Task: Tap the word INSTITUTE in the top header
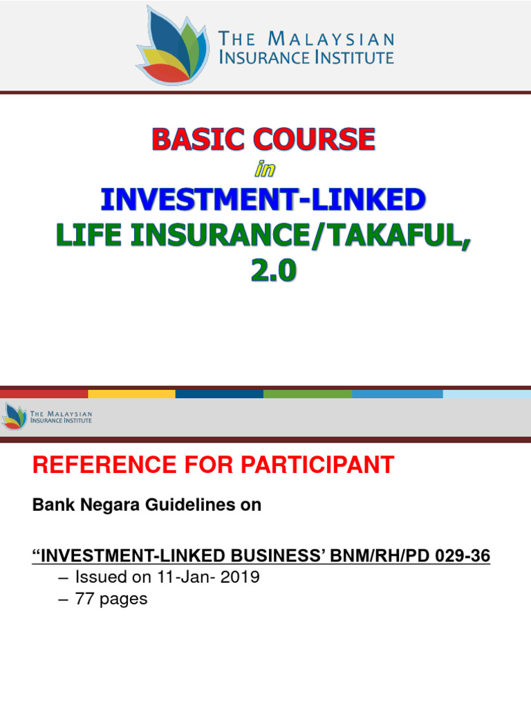(353, 57)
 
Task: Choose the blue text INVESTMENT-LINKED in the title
(263, 200)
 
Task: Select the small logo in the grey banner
(14, 416)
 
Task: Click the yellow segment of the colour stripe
(131, 394)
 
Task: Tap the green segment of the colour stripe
(308, 394)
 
